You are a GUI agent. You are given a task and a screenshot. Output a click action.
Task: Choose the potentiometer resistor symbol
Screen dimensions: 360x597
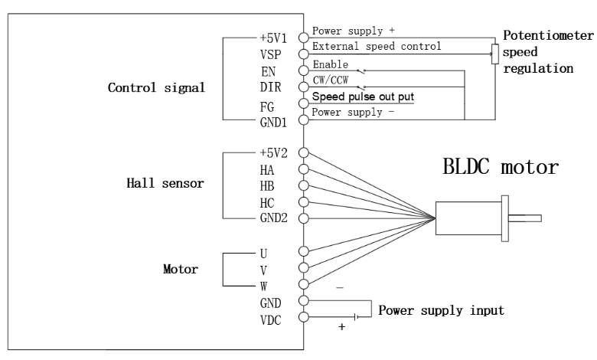click(494, 54)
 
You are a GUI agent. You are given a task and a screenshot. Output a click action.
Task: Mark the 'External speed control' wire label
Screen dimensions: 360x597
click(377, 47)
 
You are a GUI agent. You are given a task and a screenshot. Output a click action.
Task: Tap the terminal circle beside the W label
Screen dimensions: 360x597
click(304, 285)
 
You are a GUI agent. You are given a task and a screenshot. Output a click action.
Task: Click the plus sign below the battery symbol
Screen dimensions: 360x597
click(341, 327)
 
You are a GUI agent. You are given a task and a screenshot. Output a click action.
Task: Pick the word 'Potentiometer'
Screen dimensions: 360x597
click(548, 36)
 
